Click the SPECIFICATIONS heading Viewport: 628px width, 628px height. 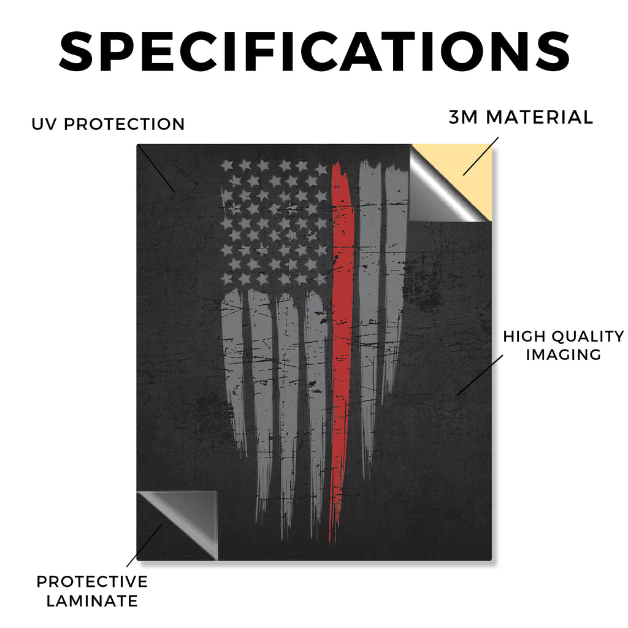tap(315, 52)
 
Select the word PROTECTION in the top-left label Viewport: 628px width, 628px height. tap(124, 124)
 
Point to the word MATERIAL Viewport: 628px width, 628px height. tap(539, 117)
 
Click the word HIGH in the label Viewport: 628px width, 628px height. tap(524, 337)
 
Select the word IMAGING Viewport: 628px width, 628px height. tap(564, 354)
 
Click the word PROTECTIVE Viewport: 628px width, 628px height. tap(92, 581)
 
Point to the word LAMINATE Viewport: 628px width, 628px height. tap(92, 601)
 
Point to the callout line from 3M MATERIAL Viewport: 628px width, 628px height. tap(481, 156)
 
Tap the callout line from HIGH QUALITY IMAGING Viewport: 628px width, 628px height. tap(480, 375)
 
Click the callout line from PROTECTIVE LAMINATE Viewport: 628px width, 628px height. tap(145, 545)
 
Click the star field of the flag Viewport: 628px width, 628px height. tap(275, 223)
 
